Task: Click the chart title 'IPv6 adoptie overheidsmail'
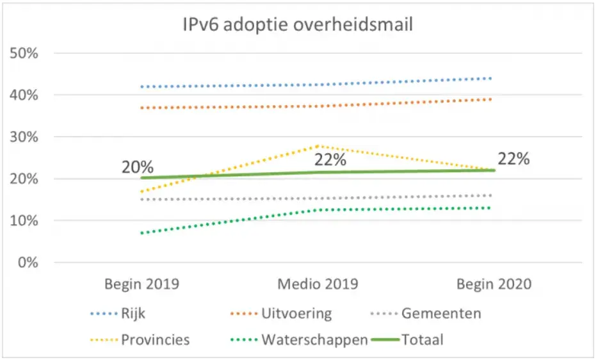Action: (x=298, y=26)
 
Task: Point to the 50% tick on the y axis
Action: (x=25, y=53)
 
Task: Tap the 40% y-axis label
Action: (x=25, y=95)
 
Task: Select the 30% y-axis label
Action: (x=25, y=137)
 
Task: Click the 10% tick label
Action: (x=25, y=221)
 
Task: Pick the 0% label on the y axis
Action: (x=29, y=263)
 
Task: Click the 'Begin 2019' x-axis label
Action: (x=141, y=284)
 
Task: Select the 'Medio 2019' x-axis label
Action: (x=317, y=284)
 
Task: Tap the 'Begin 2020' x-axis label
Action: (x=493, y=284)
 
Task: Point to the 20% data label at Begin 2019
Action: (x=138, y=167)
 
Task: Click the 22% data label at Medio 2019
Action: (x=330, y=159)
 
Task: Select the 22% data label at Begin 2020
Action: (x=513, y=159)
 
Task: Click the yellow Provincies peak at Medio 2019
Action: (x=317, y=146)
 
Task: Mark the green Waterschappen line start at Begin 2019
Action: (x=141, y=233)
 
